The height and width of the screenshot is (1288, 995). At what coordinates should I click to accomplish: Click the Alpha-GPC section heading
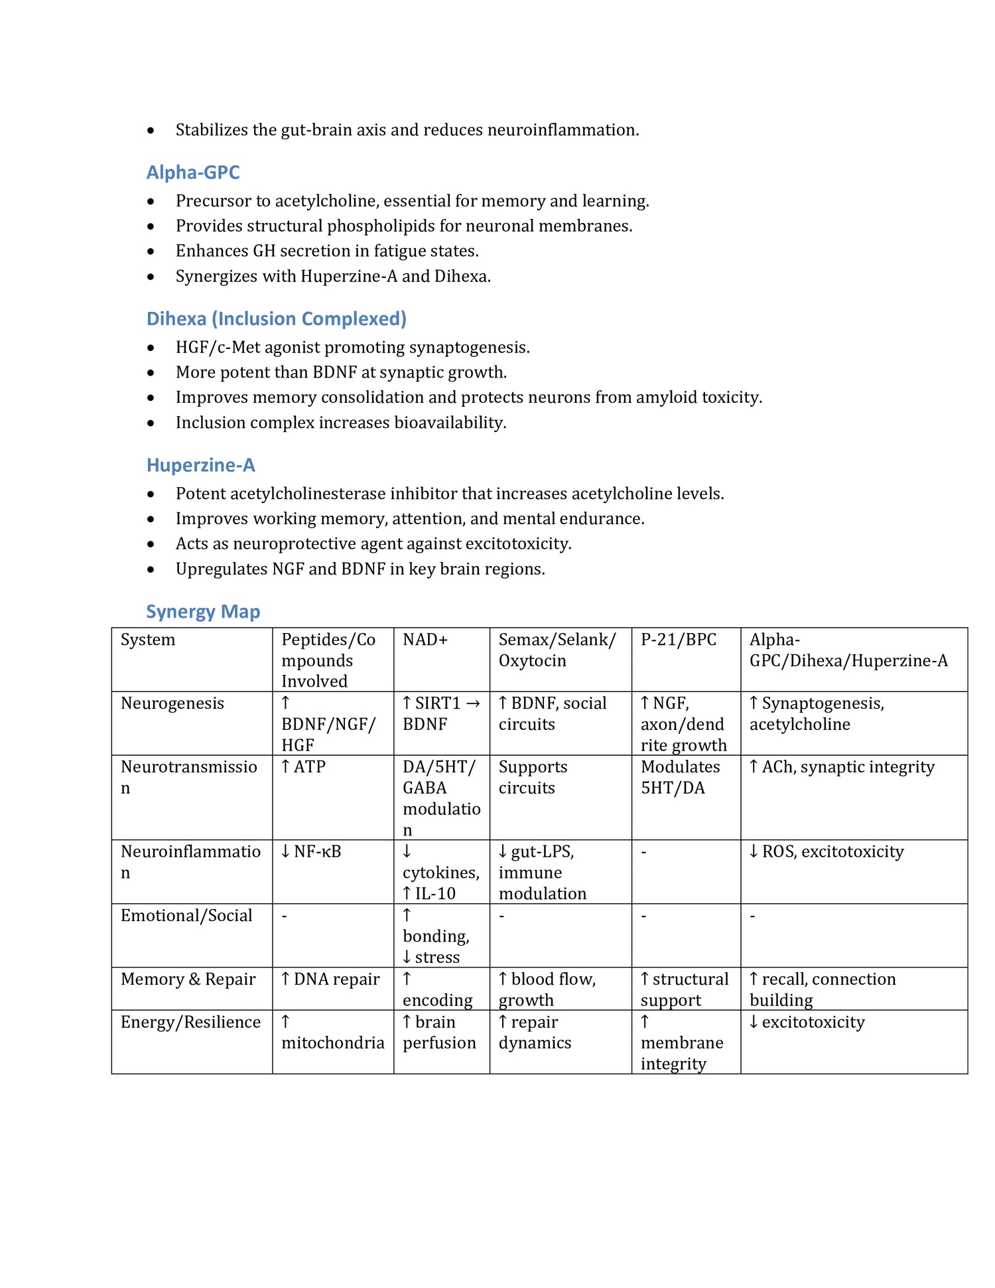[193, 173]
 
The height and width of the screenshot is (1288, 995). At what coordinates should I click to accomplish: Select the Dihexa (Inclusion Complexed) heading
[276, 319]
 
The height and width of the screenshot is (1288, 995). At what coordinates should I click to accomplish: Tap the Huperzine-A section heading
[200, 465]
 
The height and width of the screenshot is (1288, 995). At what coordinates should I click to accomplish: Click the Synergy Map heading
[203, 612]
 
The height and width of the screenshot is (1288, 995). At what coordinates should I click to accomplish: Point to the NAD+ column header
[425, 640]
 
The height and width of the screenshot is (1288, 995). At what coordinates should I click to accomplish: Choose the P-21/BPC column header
[679, 640]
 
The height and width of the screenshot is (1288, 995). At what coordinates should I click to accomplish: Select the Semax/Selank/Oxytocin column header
[557, 650]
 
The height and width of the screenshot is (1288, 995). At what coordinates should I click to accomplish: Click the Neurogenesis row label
[172, 703]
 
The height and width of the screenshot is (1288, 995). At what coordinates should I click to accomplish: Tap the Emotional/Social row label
[186, 916]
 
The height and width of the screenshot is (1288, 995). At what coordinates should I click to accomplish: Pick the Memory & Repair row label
[188, 979]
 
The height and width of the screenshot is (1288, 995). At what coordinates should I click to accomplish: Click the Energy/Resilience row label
[190, 1022]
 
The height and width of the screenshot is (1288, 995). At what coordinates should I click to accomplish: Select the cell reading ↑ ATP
[303, 767]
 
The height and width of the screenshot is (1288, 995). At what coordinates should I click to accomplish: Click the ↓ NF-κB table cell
[310, 852]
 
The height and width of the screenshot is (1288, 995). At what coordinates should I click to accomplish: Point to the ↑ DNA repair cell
[330, 979]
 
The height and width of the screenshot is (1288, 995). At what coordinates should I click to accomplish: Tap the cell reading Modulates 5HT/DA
[680, 778]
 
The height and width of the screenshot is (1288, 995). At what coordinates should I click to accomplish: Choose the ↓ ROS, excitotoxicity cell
[826, 852]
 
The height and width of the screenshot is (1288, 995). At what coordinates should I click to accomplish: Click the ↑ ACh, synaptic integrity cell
[841, 767]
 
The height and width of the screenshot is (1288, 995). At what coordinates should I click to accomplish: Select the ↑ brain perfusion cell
[438, 1033]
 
